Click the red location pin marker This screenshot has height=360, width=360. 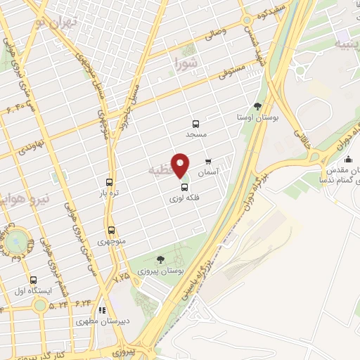click(x=181, y=165)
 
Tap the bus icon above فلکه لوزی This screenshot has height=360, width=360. click(x=185, y=188)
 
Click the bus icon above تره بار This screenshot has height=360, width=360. click(x=109, y=181)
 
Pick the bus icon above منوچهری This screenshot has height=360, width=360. click(x=111, y=230)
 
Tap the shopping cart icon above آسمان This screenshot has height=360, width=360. click(x=208, y=161)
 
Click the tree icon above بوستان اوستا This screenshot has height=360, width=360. click(x=257, y=107)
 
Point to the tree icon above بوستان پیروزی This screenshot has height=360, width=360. click(x=161, y=259)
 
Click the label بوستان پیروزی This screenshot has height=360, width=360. click(x=161, y=271)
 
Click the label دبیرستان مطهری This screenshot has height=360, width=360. click(x=102, y=321)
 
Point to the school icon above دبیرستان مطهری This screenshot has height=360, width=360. click(x=102, y=309)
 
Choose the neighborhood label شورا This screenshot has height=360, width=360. click(x=186, y=64)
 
